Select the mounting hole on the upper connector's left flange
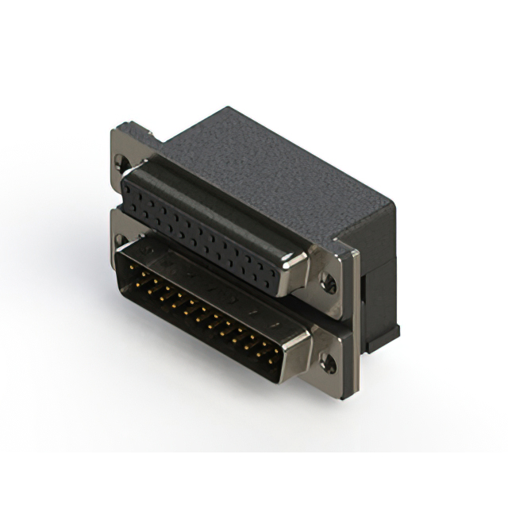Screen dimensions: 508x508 pyautogui.click(x=121, y=164)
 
